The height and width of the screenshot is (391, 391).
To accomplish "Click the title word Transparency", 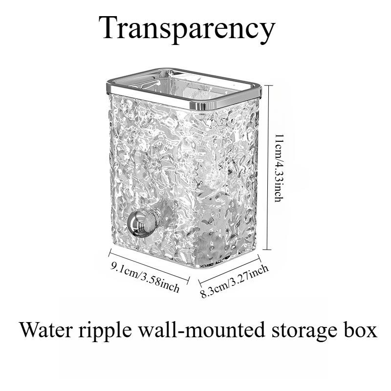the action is pos(187,29).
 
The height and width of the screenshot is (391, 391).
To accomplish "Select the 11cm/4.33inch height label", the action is pos(279,168).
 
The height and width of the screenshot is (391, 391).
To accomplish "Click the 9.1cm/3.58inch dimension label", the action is pos(145,277).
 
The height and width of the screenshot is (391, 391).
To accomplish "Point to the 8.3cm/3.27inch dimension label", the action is pos(235,282).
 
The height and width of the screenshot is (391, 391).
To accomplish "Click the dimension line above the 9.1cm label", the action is pos(150,266).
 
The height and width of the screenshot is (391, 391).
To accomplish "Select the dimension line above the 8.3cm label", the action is pos(230,271).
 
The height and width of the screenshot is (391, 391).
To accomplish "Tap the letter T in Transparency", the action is pos(109,27).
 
